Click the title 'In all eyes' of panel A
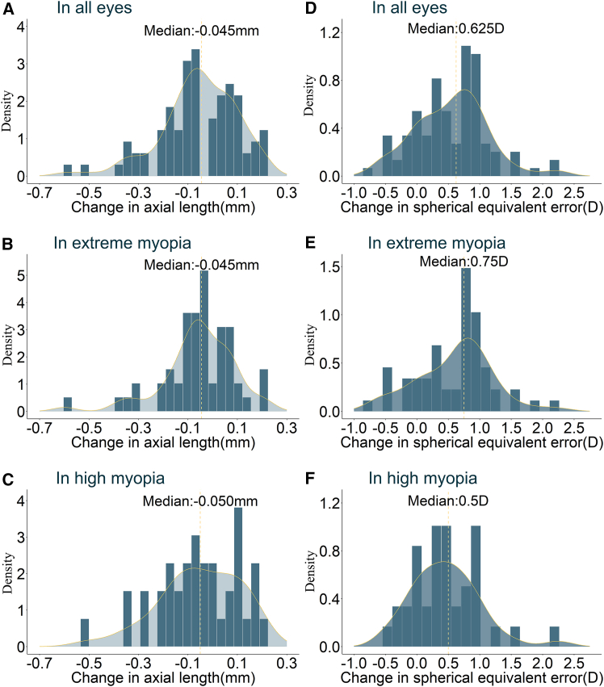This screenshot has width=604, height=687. (x=101, y=10)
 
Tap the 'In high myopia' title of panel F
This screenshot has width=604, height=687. (x=421, y=477)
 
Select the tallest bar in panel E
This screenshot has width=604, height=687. (x=465, y=339)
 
